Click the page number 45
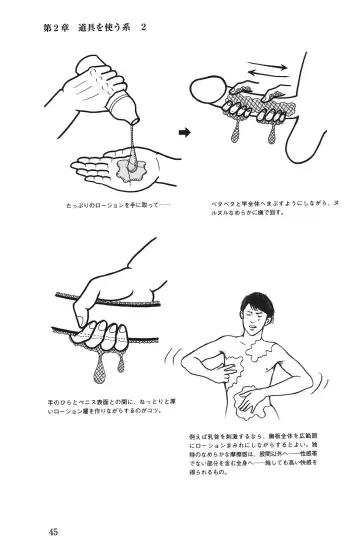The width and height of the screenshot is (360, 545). pyautogui.click(x=52, y=529)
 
